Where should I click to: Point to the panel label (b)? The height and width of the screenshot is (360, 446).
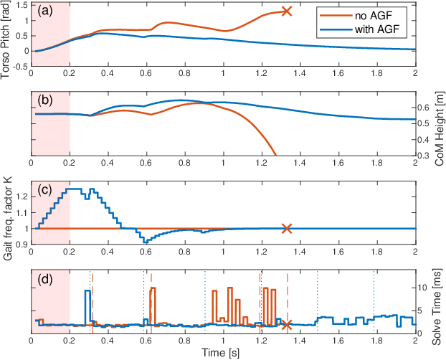[44, 101]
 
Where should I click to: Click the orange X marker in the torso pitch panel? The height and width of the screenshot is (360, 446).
[287, 11]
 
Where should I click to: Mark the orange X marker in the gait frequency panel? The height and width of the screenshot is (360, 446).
[287, 228]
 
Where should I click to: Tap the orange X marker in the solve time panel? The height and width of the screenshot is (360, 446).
[287, 325]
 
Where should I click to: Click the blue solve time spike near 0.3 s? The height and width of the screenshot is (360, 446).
[87, 291]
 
